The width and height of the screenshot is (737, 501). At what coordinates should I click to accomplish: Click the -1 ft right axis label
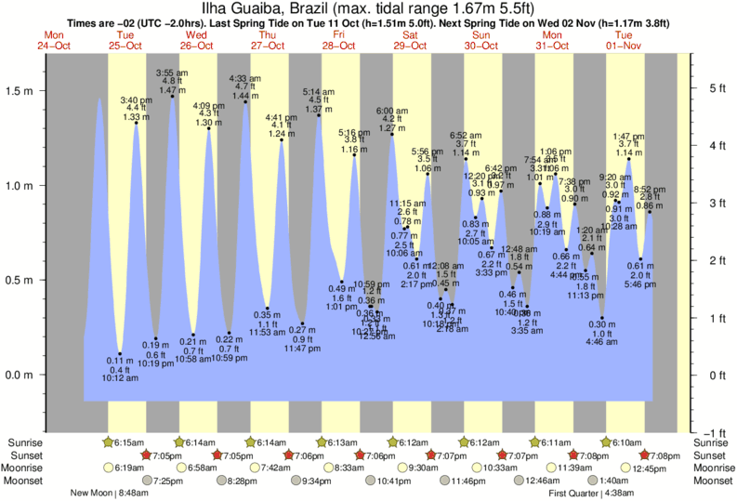(x=715, y=432)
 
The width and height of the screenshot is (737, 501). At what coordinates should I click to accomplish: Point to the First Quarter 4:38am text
(x=593, y=494)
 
